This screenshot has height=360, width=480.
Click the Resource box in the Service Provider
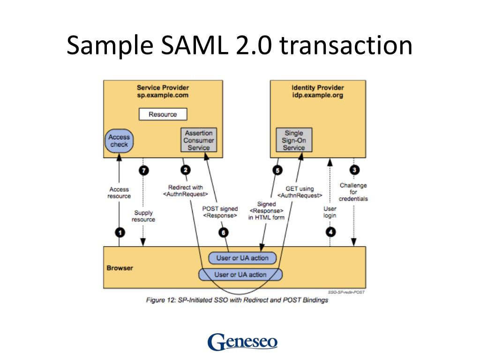pyautogui.click(x=163, y=114)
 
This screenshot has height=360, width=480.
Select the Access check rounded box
pyautogui.click(x=119, y=141)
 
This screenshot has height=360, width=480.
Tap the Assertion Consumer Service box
pyautogui.click(x=199, y=140)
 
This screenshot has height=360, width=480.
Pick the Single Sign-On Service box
pyautogui.click(x=294, y=140)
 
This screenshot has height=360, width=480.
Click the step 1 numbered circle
pyautogui.click(x=120, y=232)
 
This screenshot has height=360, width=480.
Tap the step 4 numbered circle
pyautogui.click(x=331, y=231)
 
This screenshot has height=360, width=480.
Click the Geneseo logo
pyautogui.click(x=242, y=341)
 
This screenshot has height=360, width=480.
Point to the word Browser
pyautogui.click(x=120, y=268)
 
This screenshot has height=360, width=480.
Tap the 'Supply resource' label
pyautogui.click(x=143, y=216)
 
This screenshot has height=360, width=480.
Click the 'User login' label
pyautogui.click(x=330, y=212)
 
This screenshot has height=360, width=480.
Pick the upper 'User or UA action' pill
pyautogui.click(x=242, y=258)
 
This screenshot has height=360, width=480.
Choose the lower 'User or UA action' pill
pyautogui.click(x=241, y=275)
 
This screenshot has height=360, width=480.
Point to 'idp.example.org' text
pyautogui.click(x=317, y=95)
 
